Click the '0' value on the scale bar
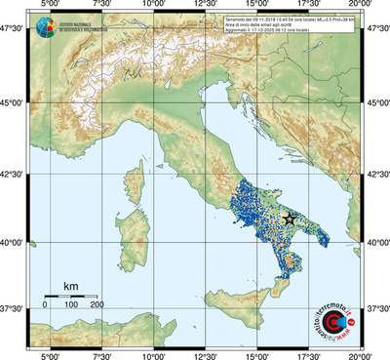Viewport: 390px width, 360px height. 45,304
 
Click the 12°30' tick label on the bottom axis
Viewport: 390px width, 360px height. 205,355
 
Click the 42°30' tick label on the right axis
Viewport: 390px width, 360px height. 376,175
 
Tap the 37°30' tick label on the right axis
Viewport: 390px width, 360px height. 376,307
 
